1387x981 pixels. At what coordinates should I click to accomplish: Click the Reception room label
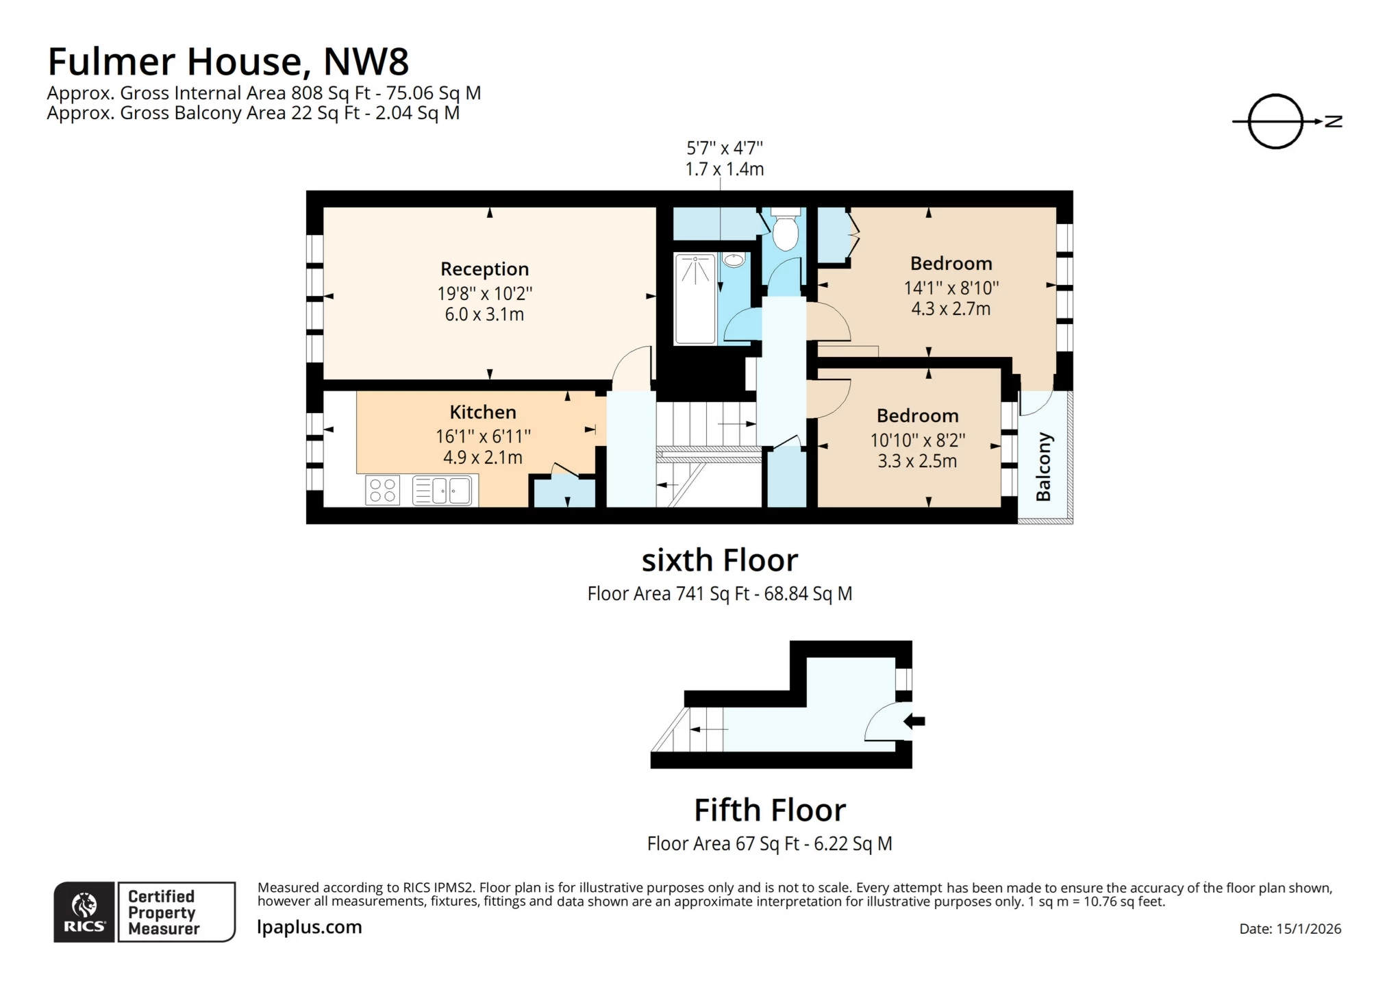coord(484,269)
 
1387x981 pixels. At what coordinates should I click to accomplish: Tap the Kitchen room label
coord(483,412)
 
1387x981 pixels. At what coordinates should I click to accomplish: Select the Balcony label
coord(1043,467)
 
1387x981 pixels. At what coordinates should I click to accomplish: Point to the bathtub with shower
coord(695,298)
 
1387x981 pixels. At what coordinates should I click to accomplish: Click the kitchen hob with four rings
coord(382,490)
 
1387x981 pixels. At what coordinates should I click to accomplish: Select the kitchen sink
coord(442,490)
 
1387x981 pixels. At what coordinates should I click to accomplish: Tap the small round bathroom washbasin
coord(734,260)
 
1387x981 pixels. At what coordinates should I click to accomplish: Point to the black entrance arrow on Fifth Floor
coord(915,721)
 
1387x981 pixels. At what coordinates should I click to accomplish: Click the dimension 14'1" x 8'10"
coord(951,288)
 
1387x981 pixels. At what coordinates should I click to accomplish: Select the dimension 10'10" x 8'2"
coord(918,440)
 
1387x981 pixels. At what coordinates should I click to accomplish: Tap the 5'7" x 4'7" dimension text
coord(725,148)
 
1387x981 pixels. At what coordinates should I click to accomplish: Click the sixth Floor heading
coord(719,560)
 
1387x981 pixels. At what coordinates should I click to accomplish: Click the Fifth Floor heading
coord(770,810)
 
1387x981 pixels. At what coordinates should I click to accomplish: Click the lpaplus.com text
coord(310,927)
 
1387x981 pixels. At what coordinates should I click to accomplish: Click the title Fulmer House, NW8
coord(228,62)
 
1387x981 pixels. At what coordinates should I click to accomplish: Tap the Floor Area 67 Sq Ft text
coord(769,843)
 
